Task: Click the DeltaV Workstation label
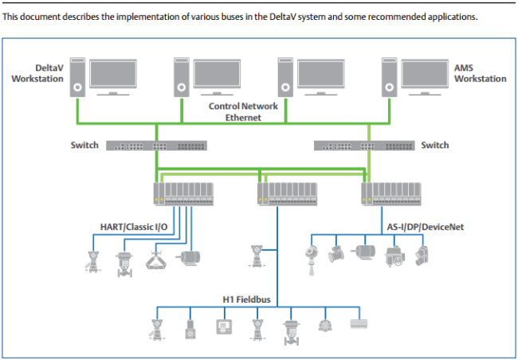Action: tap(38, 74)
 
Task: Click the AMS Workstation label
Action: tap(480, 74)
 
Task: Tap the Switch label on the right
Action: tap(434, 145)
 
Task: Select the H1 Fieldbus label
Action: tap(253, 300)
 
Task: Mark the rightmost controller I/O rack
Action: tap(392, 192)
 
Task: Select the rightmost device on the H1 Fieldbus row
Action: tap(359, 325)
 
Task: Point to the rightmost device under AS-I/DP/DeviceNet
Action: tap(422, 254)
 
